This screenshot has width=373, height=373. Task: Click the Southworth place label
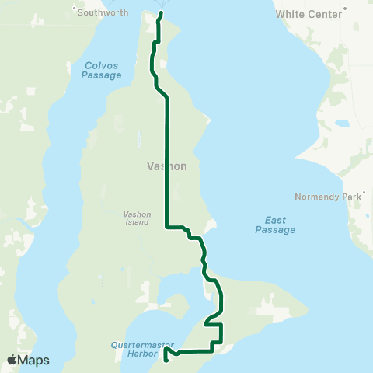coord(106,12)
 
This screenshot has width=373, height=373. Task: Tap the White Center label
coord(309,14)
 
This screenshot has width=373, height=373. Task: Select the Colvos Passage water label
coord(102,70)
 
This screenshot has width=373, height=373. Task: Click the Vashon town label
coord(166,166)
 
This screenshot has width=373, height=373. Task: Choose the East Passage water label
coord(275,225)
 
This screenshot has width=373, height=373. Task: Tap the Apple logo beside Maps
coord(12,360)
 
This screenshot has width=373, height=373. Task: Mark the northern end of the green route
coord(161,13)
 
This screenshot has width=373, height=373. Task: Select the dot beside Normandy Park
coord(363,197)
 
